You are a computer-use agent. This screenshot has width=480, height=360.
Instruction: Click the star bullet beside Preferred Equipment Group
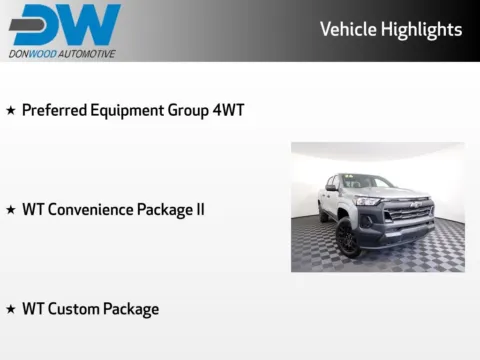[x=11, y=110]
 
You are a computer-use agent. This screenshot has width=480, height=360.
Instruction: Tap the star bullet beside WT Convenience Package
[x=11, y=210]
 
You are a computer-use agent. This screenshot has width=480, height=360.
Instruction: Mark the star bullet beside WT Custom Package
[x=11, y=309]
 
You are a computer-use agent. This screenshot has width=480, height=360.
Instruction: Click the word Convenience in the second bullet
[x=91, y=210]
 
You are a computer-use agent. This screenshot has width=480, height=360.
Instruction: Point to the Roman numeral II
[x=200, y=210]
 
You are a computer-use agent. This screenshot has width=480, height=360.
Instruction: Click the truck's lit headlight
[x=368, y=202]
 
